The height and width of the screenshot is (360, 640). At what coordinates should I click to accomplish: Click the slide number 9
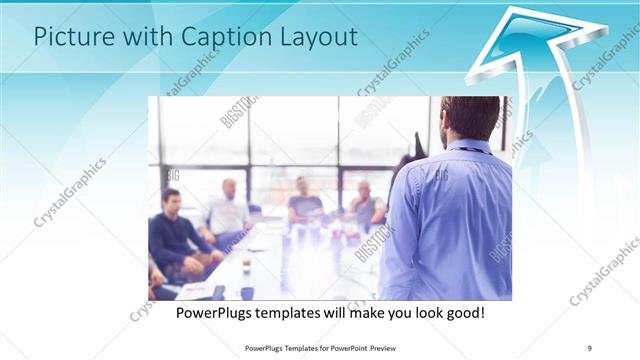[x=590, y=347]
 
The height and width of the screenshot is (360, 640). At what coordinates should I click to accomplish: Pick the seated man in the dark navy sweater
[x=172, y=230]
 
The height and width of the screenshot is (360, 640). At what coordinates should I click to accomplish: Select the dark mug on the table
[x=247, y=293]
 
